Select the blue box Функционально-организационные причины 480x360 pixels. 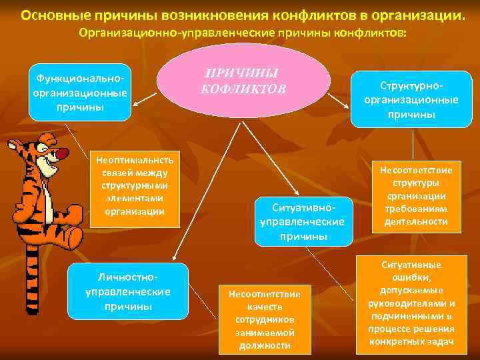81,93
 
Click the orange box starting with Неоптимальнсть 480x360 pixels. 135,186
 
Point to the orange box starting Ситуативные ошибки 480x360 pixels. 411,303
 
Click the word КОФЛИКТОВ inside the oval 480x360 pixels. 243,89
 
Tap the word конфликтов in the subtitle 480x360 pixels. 370,33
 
